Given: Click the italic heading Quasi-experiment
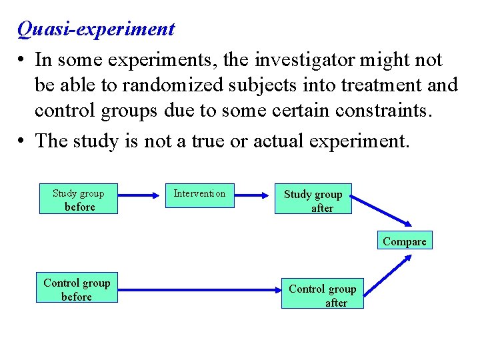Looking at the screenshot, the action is coord(96,29).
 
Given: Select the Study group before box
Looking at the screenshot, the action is coord(79,199).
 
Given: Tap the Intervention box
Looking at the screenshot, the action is coord(199,194).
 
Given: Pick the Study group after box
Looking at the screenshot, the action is coord(313,200).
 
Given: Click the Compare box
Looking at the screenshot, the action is coord(404,241).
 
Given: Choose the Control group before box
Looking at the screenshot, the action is coord(77,289).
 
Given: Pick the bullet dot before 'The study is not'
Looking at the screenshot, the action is coord(22,141).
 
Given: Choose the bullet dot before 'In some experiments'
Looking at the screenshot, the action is coord(22,60).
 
